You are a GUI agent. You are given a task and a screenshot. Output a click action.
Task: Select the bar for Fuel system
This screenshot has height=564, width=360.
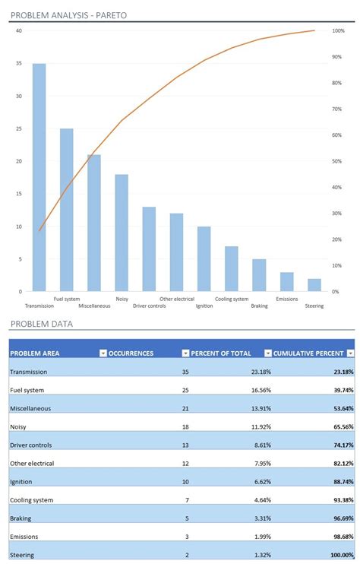pos(67,210)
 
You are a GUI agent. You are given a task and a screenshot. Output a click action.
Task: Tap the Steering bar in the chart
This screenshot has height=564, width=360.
pos(314,284)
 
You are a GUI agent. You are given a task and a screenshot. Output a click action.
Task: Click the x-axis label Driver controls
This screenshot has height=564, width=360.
pos(150,306)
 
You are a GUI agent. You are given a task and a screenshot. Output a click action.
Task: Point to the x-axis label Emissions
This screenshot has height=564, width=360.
pos(287,299)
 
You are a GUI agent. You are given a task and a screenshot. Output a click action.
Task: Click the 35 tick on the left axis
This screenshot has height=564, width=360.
pos(18,64)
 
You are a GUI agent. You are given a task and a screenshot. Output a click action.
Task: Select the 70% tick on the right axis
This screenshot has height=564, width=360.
pos(338,109)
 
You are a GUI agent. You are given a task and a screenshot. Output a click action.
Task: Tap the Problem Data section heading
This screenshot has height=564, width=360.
pos(42,324)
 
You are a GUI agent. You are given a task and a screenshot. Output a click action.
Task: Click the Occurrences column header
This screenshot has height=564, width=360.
pos(131,353)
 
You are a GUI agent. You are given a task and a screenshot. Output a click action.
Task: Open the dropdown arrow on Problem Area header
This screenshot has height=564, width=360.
pos(103,353)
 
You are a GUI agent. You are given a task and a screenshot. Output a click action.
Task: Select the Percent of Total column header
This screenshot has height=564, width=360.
pos(225,353)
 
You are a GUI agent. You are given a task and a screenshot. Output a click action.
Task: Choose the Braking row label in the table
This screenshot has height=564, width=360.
pos(21,518)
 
